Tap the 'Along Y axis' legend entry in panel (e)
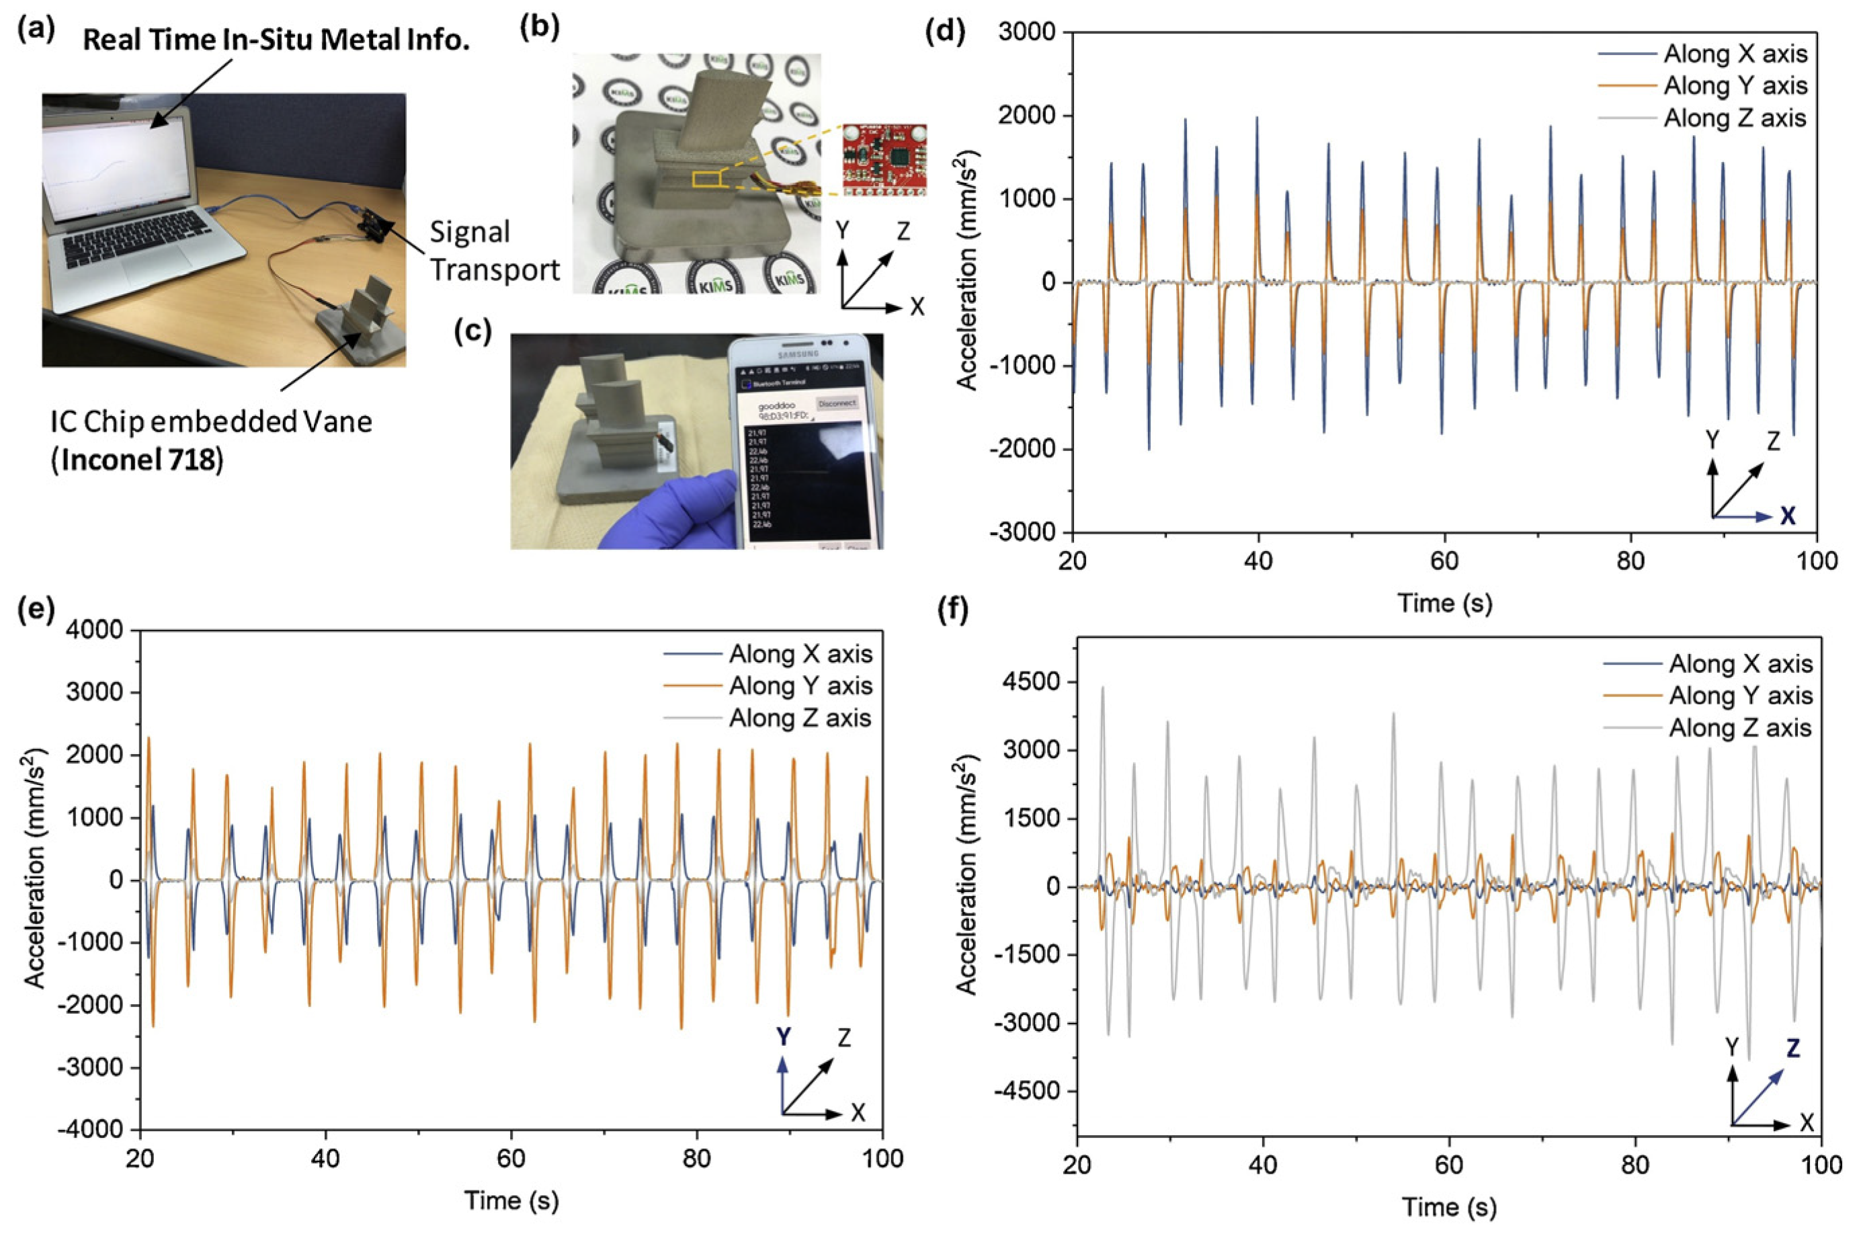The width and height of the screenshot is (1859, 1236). tap(800, 686)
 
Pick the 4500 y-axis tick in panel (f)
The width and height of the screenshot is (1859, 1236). tap(1031, 681)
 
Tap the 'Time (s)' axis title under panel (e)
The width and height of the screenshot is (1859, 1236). tap(511, 1200)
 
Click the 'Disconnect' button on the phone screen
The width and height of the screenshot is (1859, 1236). tap(836, 403)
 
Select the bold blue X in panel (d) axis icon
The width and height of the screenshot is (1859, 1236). tap(1788, 516)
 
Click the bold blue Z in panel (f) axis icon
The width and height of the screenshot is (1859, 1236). tap(1793, 1048)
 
